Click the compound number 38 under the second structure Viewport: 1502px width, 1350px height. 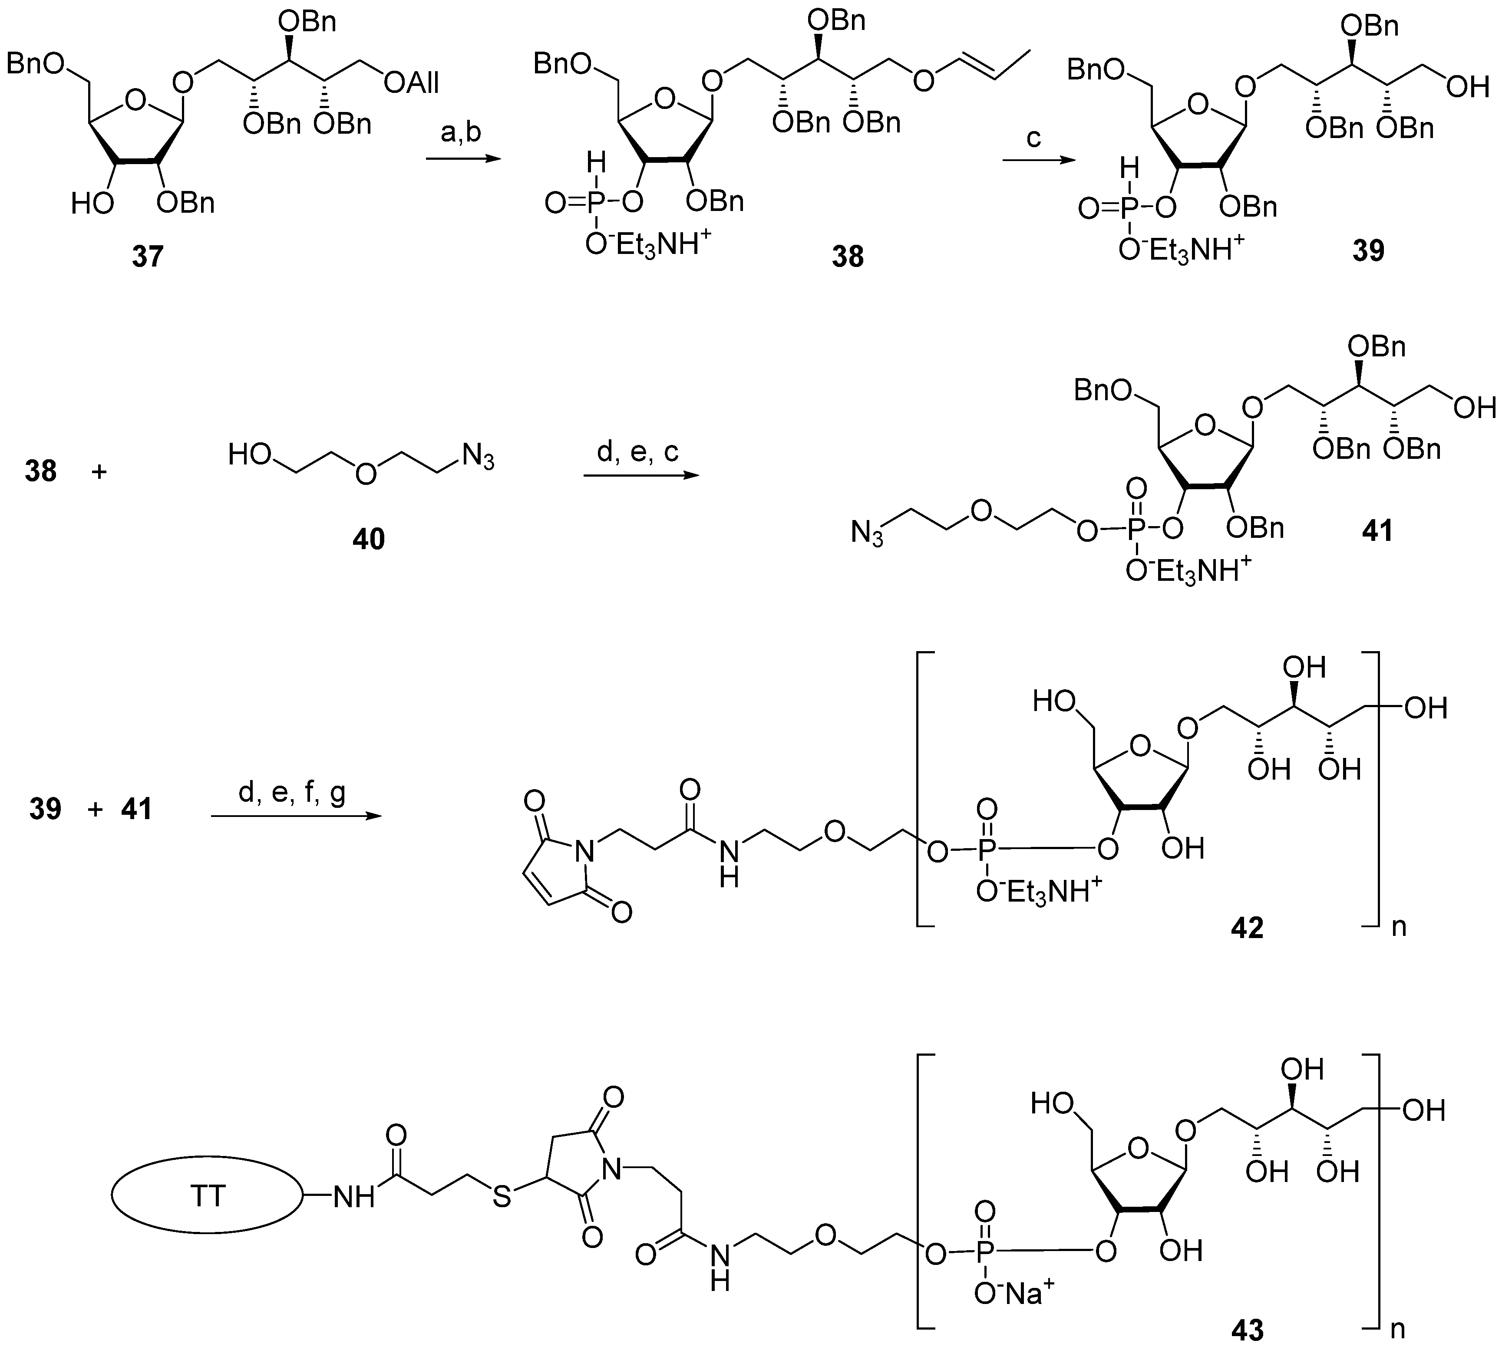[x=848, y=257]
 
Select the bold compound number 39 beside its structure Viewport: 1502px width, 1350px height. [x=1368, y=251]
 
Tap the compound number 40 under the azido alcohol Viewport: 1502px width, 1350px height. [x=369, y=539]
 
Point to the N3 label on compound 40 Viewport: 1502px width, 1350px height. [x=477, y=455]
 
